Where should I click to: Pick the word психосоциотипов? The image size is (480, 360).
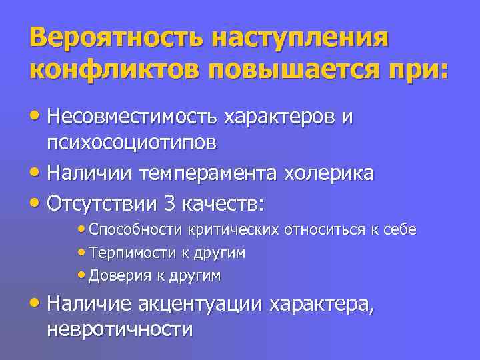131,143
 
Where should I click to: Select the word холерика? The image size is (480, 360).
329,173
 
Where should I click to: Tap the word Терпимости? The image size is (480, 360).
131,253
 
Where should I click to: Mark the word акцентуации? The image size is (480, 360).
201,305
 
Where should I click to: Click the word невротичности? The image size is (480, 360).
121,329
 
